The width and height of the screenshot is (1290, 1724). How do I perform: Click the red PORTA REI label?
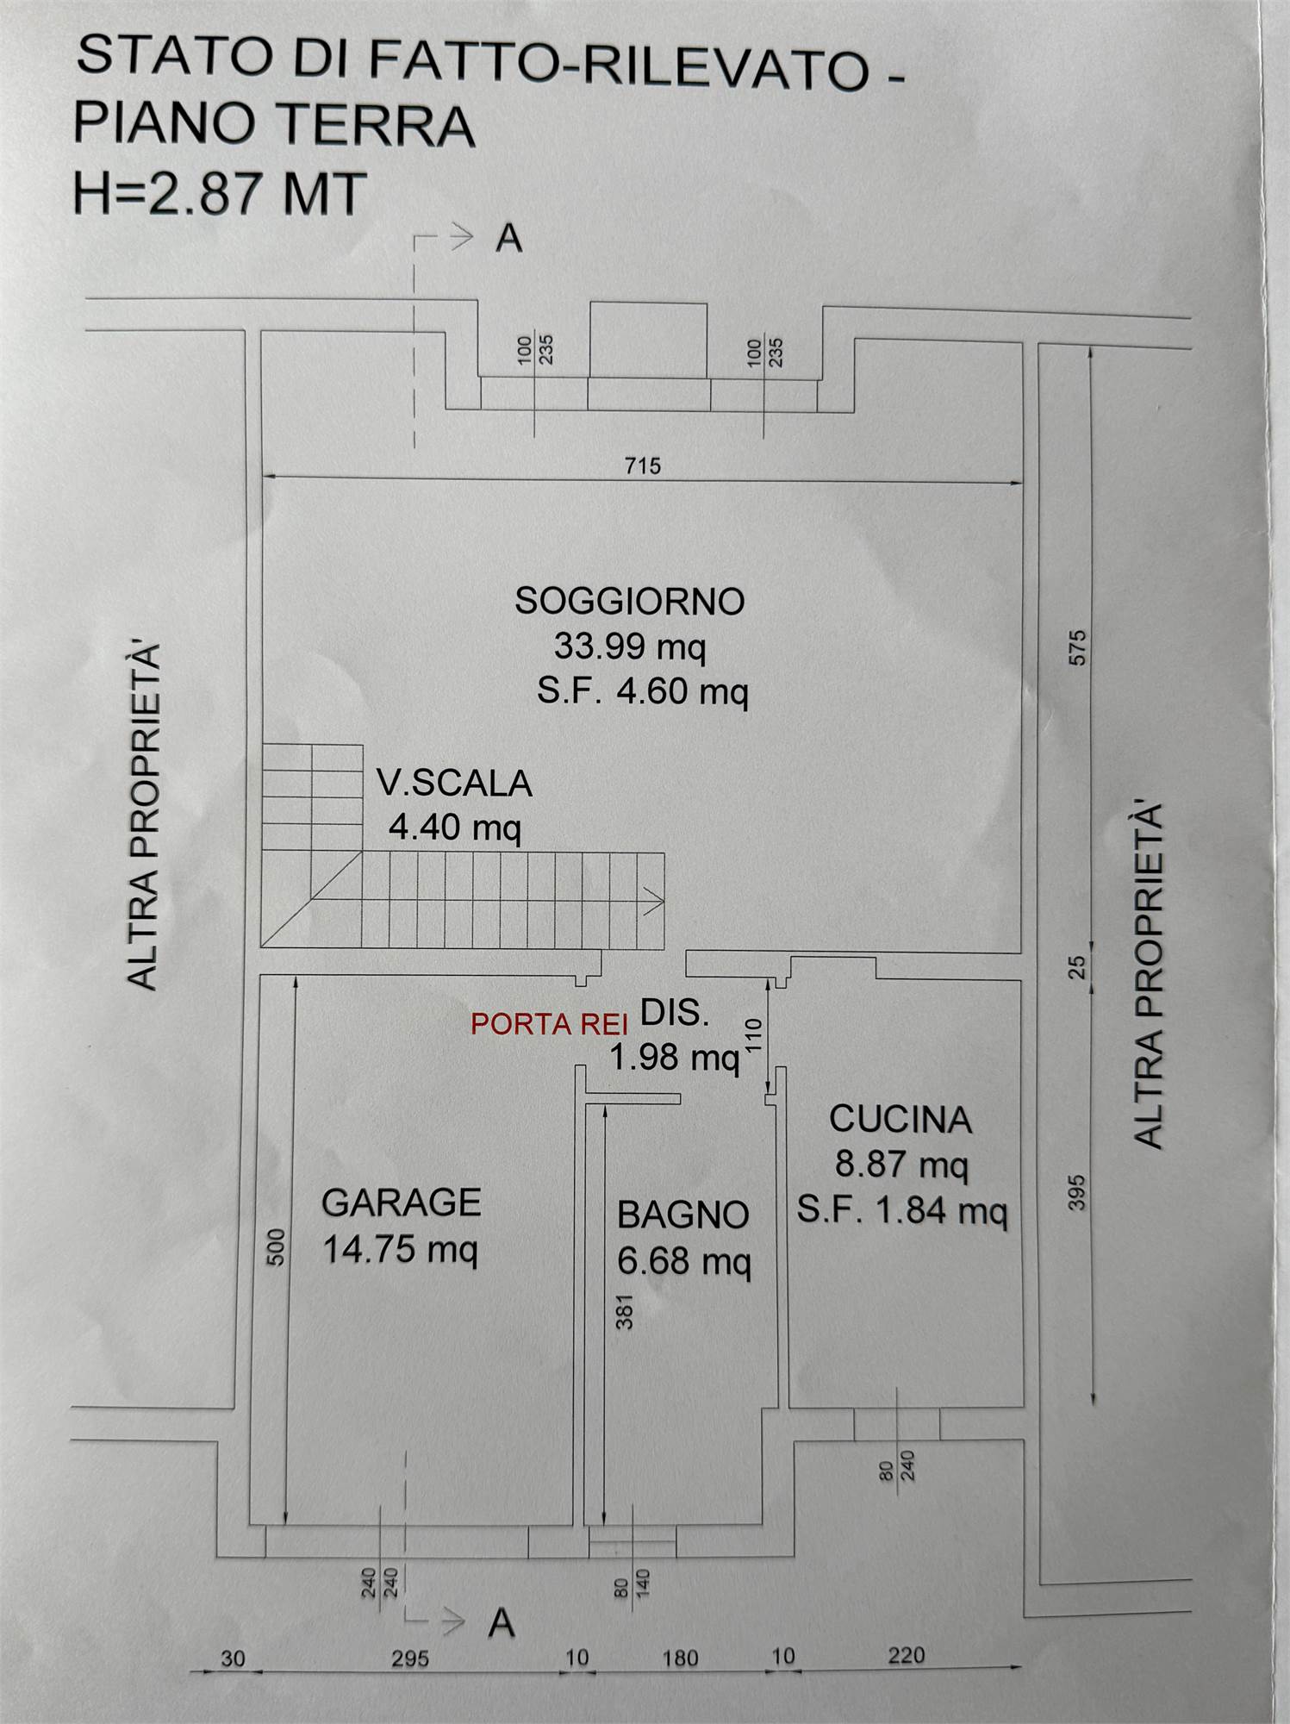(549, 1024)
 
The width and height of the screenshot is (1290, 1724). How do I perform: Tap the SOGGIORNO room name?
(630, 601)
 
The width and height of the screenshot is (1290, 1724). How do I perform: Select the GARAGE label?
(401, 1202)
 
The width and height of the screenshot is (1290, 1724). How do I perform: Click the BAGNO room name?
(682, 1215)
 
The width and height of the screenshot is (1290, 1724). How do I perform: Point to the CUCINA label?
(901, 1119)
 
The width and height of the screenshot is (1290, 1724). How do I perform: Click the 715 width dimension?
(642, 466)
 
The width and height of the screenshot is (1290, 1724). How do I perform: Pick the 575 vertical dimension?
(1078, 647)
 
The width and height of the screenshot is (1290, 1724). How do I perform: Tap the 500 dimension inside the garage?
(276, 1246)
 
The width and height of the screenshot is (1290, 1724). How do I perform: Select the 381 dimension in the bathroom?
(625, 1311)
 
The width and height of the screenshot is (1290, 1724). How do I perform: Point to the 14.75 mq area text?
(401, 1249)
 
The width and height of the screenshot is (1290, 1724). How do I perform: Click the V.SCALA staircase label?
(454, 784)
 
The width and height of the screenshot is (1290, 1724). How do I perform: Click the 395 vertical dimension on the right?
(1077, 1193)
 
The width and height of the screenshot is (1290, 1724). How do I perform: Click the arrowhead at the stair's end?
(654, 903)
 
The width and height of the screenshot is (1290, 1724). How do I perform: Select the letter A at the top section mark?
(508, 239)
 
